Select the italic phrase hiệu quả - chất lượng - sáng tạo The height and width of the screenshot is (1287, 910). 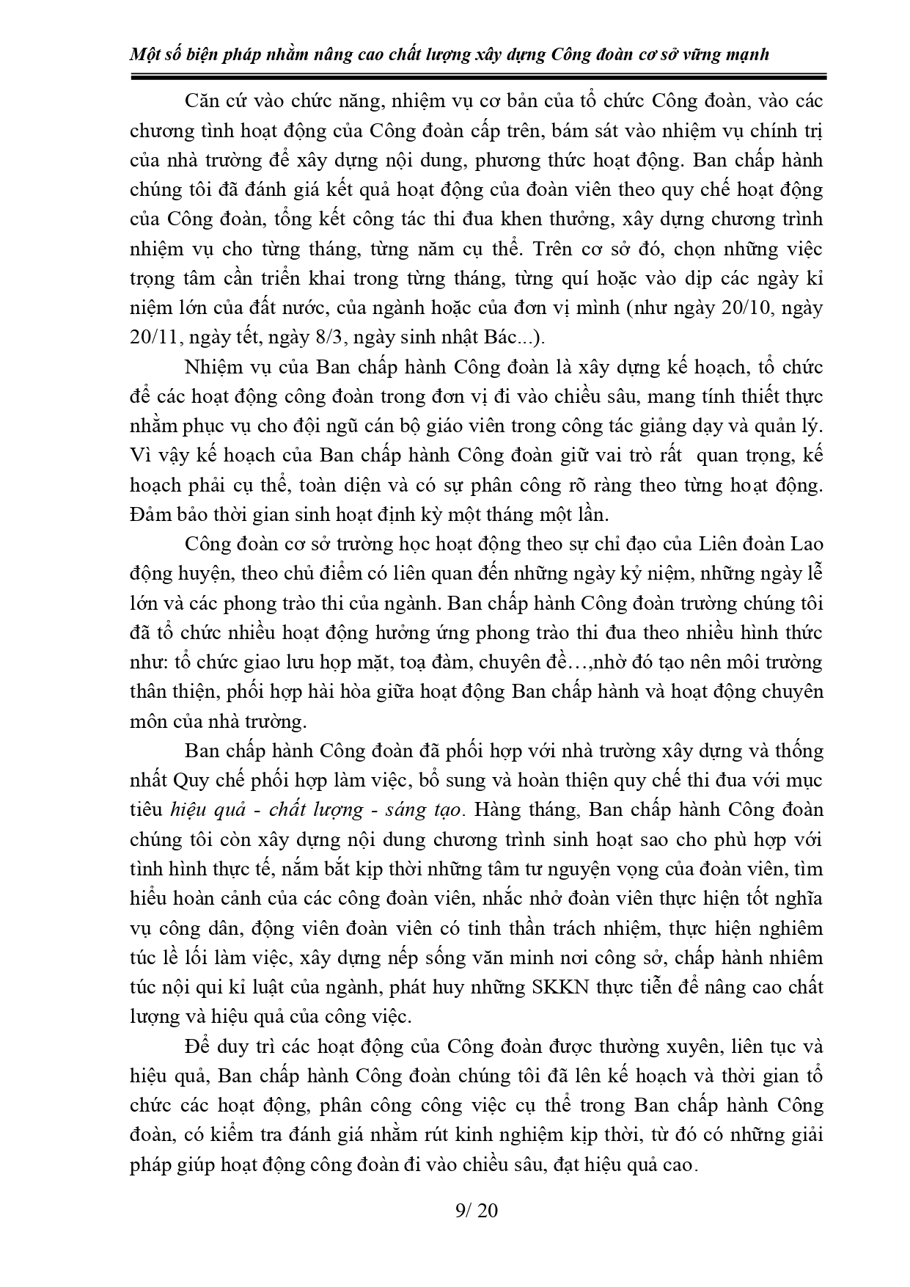point(315,810)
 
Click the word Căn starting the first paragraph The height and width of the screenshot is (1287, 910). point(203,101)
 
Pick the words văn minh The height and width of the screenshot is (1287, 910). point(533,958)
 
